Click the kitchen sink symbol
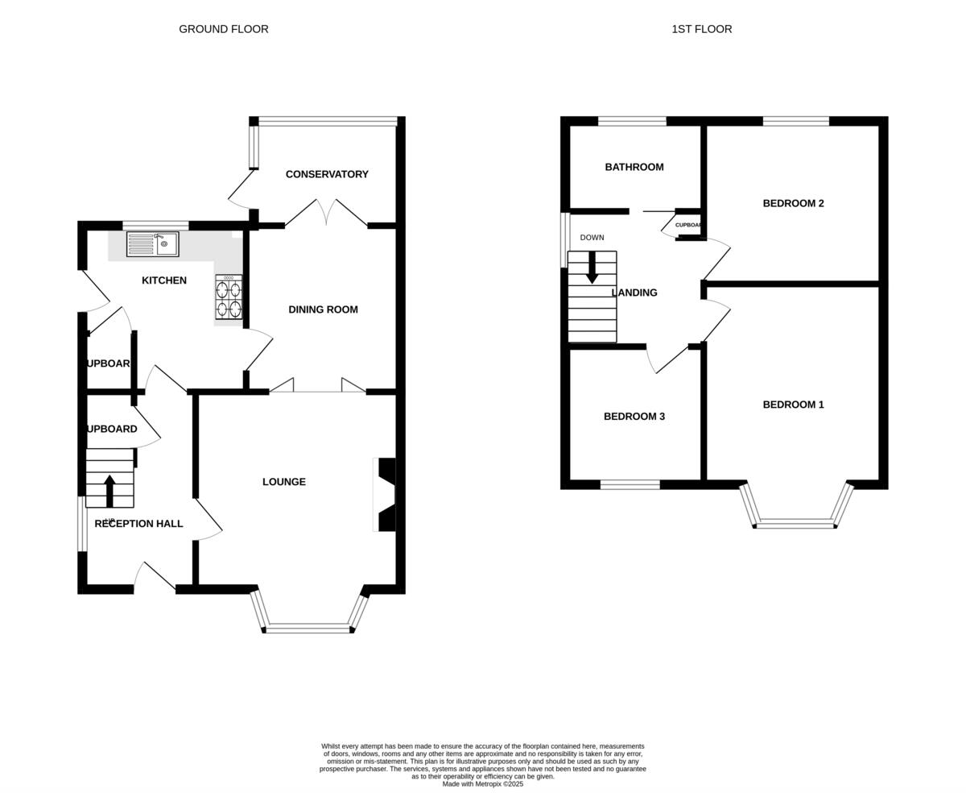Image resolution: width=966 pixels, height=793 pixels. pyautogui.click(x=152, y=244)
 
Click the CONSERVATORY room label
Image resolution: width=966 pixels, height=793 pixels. pyautogui.click(x=327, y=174)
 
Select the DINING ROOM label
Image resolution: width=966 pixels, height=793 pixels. pyautogui.click(x=323, y=309)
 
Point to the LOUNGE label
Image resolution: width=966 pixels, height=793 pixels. pyautogui.click(x=284, y=482)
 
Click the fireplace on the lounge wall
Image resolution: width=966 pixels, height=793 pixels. pyautogui.click(x=386, y=495)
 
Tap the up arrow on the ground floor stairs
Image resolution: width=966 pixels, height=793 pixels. pyautogui.click(x=109, y=490)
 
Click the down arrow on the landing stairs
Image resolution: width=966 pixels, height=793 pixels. pyautogui.click(x=592, y=268)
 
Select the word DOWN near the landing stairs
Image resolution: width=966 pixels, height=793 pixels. pyautogui.click(x=592, y=238)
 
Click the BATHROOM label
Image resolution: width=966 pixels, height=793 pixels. pyautogui.click(x=634, y=167)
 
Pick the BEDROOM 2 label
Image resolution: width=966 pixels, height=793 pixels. pyautogui.click(x=793, y=203)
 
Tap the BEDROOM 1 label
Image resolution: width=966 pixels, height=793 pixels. pyautogui.click(x=793, y=405)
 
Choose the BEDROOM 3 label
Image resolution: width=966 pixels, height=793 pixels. pyautogui.click(x=634, y=417)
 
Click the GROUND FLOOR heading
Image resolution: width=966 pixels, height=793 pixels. pyautogui.click(x=224, y=29)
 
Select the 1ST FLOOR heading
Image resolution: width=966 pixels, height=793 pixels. pyautogui.click(x=702, y=29)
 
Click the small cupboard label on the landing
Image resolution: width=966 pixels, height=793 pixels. pyautogui.click(x=688, y=225)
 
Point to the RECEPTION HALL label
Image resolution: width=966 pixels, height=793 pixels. pyautogui.click(x=138, y=524)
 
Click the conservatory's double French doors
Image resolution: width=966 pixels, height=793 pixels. pyautogui.click(x=326, y=214)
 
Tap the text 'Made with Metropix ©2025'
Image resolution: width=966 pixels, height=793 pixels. pyautogui.click(x=483, y=783)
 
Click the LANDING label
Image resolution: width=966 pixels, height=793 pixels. pyautogui.click(x=634, y=293)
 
